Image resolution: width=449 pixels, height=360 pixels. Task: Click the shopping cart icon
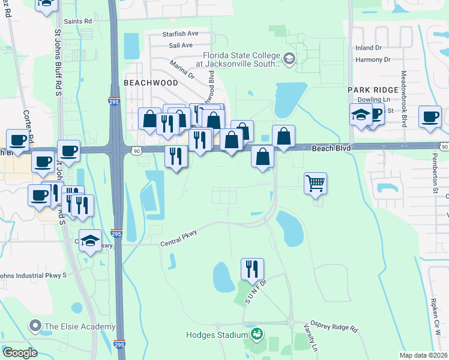(x=315, y=182)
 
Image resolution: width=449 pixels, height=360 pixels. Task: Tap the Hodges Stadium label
(x=217, y=335)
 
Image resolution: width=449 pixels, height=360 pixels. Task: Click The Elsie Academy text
(x=79, y=327)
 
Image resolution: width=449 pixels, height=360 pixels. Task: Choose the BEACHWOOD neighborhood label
(x=151, y=82)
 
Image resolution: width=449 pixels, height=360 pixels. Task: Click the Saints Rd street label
(x=78, y=21)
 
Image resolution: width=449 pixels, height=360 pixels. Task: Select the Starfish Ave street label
(x=180, y=34)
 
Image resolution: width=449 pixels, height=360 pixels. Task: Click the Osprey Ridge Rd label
(x=333, y=326)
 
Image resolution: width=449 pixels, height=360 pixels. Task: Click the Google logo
(x=20, y=353)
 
